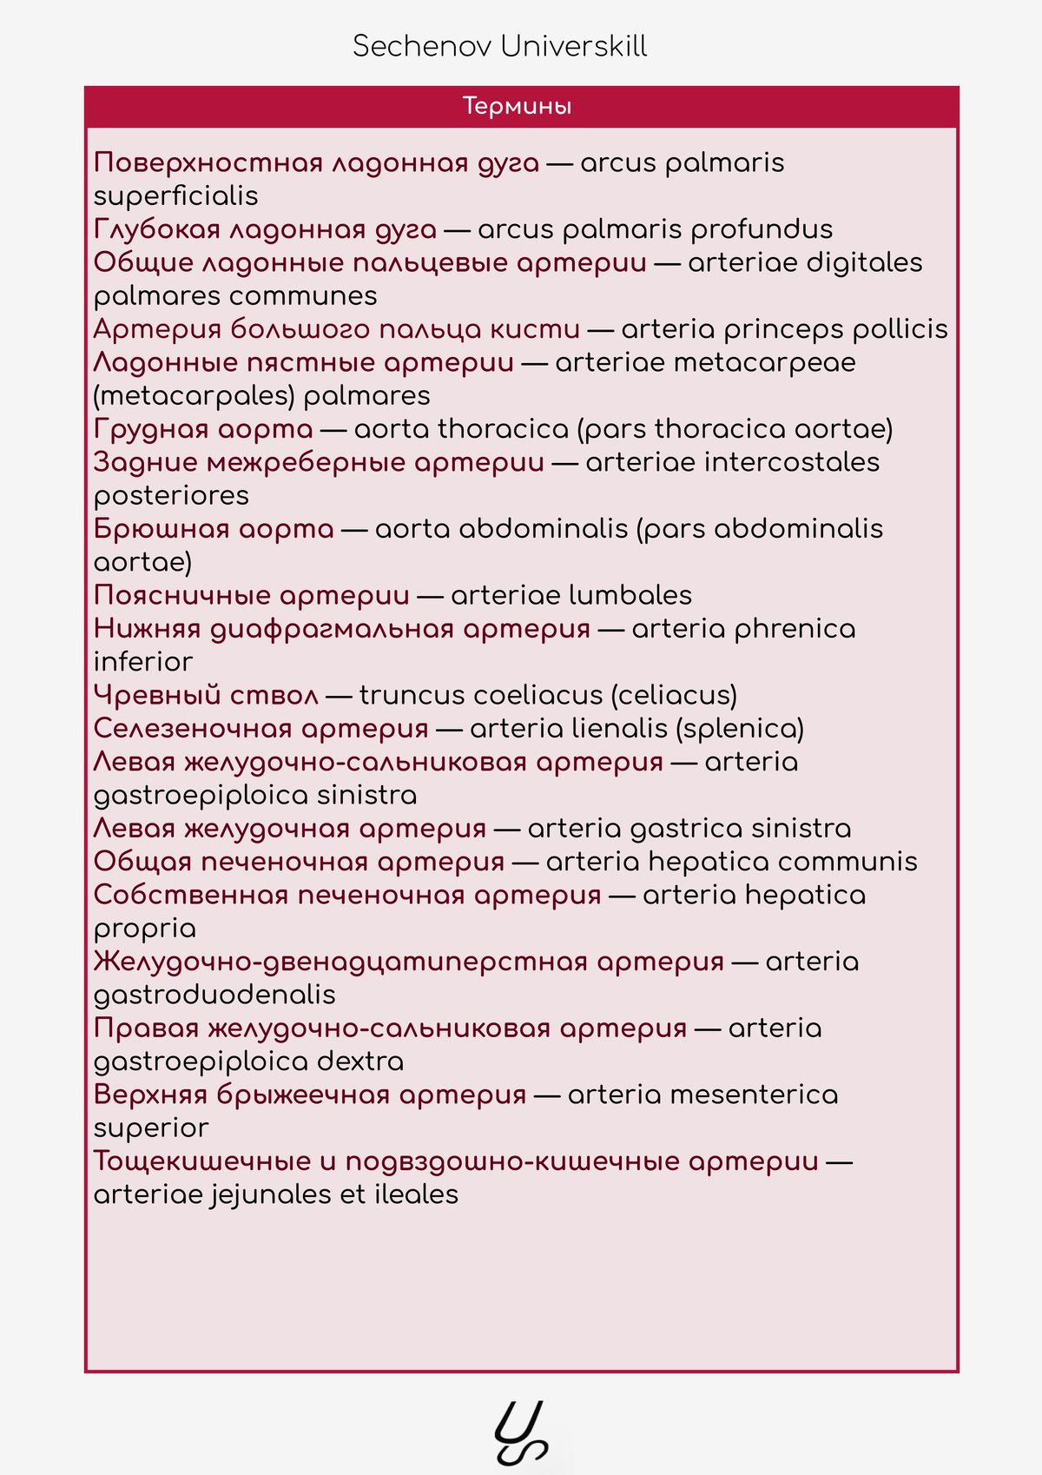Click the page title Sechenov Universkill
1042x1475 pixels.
tap(499, 46)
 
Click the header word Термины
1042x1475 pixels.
tap(517, 106)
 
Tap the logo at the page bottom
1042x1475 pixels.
tap(521, 1432)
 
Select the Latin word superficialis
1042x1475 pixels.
tap(176, 196)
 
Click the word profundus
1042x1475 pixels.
tap(762, 229)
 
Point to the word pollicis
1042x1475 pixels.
tap(900, 329)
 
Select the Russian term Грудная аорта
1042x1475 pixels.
tap(203, 429)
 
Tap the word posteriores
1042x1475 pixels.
tap(171, 496)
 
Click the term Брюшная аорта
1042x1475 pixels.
tap(214, 529)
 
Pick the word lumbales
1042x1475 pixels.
tap(630, 596)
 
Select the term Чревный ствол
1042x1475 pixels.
tap(206, 696)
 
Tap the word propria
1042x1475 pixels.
tap(145, 929)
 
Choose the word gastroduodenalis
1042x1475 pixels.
tap(214, 995)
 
